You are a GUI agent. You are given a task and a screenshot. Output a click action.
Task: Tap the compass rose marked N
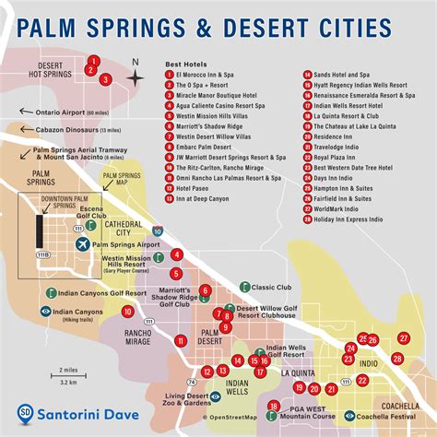click(x=135, y=77)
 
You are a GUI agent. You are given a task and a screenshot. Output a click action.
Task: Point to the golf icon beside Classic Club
click(x=244, y=287)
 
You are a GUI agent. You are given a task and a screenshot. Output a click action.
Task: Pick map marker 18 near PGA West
click(x=274, y=406)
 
